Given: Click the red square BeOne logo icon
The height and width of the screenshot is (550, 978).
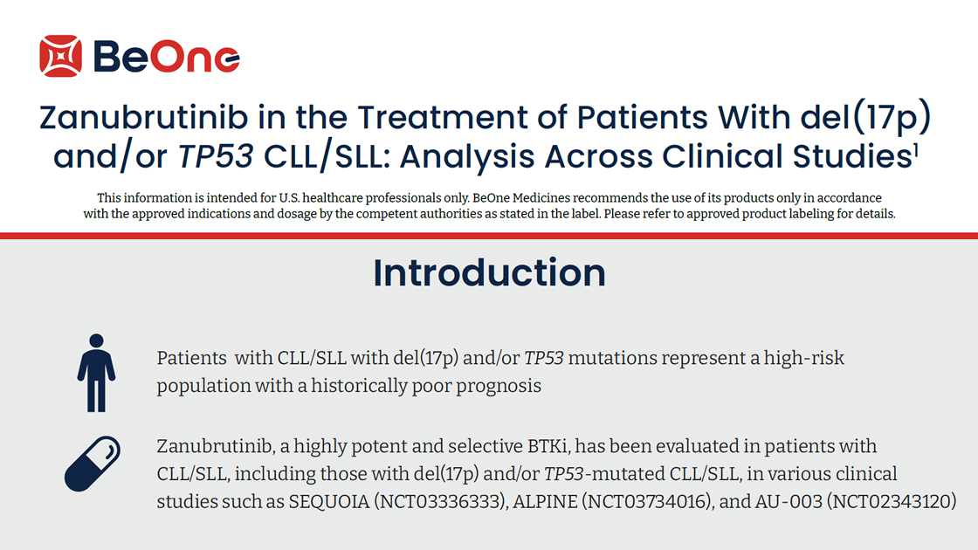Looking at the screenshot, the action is [60, 56].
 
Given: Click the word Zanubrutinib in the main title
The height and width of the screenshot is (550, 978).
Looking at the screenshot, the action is [143, 117].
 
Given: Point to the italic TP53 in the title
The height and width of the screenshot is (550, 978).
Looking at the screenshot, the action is [216, 156].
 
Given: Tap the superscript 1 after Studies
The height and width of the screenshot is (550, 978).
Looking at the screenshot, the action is [916, 149].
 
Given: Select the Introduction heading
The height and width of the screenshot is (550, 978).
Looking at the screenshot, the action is [489, 272].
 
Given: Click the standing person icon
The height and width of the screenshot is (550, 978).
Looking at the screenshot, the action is [96, 373].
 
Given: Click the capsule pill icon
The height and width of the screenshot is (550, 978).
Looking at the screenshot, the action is [93, 464].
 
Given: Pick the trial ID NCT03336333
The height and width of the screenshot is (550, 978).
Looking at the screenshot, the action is [439, 501].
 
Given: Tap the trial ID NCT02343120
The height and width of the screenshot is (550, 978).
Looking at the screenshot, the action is [892, 501].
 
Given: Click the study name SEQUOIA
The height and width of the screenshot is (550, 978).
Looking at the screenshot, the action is [328, 501].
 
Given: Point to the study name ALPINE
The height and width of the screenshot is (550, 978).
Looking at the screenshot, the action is [545, 501].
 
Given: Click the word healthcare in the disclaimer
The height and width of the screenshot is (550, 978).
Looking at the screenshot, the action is [332, 198].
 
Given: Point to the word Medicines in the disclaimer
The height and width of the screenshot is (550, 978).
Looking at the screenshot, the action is [541, 198].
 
